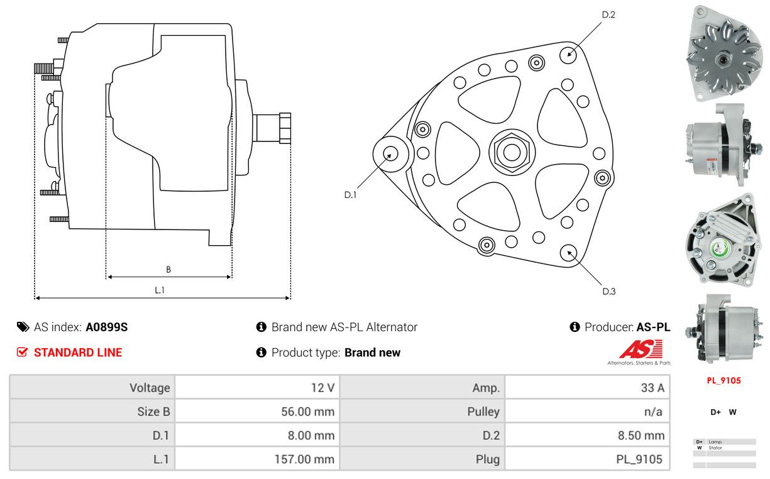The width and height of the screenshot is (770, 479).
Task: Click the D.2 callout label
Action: click(608, 15)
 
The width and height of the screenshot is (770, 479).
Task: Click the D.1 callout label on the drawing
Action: click(350, 195)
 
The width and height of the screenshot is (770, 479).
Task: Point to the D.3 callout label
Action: click(609, 292)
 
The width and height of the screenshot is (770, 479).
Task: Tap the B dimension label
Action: click(168, 270)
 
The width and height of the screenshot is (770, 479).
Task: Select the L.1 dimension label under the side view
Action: click(160, 290)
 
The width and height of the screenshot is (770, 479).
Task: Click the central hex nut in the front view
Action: click(512, 152)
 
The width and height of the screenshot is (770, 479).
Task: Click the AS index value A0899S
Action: click(107, 327)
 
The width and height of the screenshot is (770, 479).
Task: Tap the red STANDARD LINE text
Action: click(78, 353)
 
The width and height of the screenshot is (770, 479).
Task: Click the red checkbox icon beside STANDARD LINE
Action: click(23, 352)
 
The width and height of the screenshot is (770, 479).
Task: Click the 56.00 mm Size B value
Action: click(307, 412)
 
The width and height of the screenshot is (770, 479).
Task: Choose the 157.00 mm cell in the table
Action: click(304, 460)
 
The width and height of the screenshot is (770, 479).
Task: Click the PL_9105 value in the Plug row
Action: click(639, 460)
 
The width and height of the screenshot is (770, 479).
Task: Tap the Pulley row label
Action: click(483, 412)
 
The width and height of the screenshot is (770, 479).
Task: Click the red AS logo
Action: click(641, 349)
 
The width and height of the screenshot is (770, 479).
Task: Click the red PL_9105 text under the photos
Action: click(723, 381)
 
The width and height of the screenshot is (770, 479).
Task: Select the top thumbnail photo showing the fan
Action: click(724, 53)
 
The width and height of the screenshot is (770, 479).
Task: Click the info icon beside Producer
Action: click(575, 327)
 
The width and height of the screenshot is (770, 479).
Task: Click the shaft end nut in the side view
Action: click(285, 128)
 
